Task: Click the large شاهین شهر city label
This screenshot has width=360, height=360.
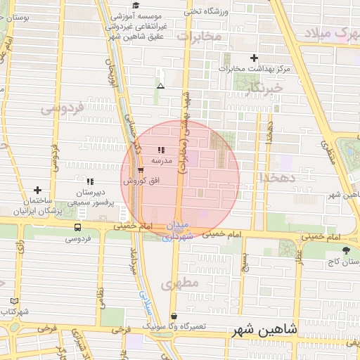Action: tap(263, 328)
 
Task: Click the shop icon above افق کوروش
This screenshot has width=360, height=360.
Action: tap(141, 171)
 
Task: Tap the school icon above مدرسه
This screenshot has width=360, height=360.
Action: tap(161, 149)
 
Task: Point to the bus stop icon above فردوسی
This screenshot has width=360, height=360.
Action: tap(77, 227)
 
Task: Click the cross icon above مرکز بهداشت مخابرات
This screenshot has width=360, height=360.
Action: tap(254, 58)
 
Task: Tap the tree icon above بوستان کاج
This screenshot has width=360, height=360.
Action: tap(345, 250)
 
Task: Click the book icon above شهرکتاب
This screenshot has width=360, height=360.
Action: tap(14, 300)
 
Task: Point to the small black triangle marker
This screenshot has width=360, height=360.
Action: tap(161, 86)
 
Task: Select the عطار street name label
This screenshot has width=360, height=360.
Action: tap(300, 266)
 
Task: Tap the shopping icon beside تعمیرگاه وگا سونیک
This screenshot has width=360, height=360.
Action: tap(174, 316)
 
